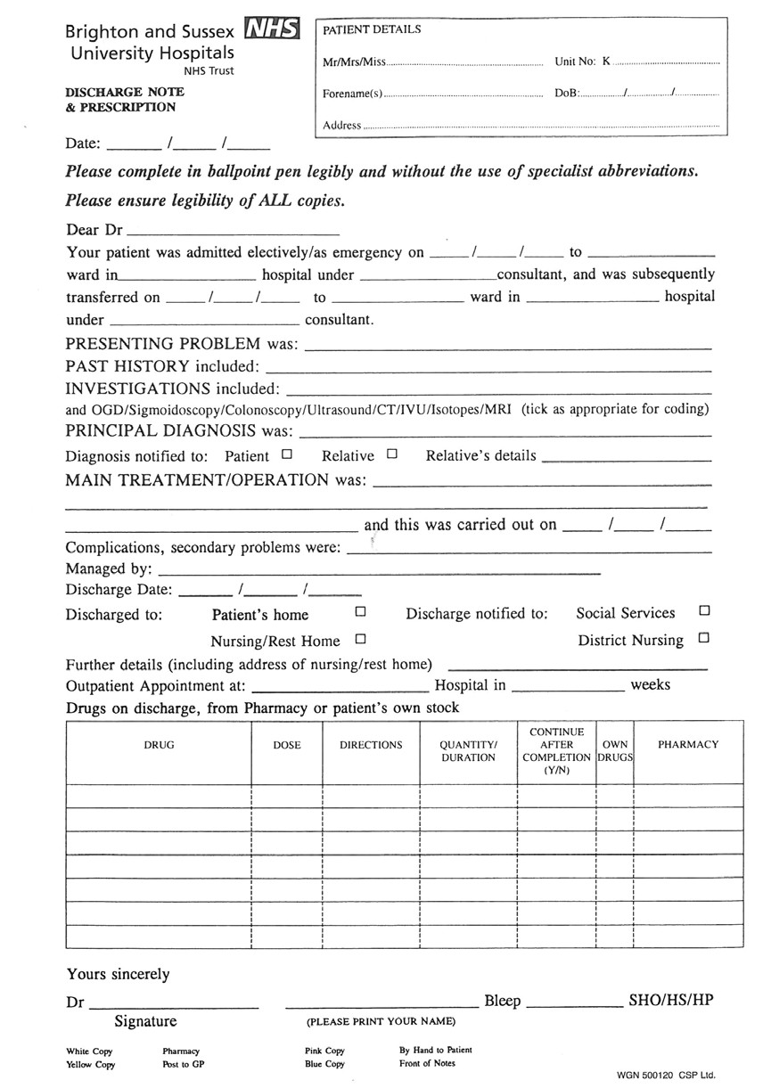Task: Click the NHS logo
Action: click(272, 29)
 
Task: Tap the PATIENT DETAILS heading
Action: click(372, 29)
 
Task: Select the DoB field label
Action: click(567, 94)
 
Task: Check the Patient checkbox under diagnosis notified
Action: click(286, 454)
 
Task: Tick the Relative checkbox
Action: click(391, 454)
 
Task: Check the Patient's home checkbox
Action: click(360, 612)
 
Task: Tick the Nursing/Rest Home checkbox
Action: click(360, 639)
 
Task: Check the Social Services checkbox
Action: click(704, 611)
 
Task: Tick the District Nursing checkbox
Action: click(704, 638)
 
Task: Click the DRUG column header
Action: click(159, 745)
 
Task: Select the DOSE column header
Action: click(287, 745)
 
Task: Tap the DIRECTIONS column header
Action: click(371, 745)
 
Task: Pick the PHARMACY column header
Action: click(687, 744)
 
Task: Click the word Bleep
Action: click(502, 1001)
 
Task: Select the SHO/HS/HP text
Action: click(670, 1000)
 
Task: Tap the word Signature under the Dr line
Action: click(145, 1021)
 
